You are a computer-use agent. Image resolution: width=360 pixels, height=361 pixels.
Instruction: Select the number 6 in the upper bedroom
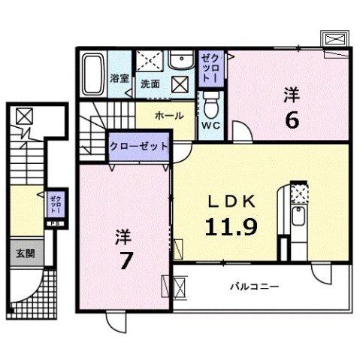[x=292, y=119]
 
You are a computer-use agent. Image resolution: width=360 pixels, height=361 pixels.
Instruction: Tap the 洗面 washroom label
[x=151, y=83]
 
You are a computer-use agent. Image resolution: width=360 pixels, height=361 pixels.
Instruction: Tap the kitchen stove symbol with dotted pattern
[x=298, y=193]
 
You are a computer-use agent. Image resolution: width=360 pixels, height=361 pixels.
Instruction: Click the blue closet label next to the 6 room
[x=211, y=68]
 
